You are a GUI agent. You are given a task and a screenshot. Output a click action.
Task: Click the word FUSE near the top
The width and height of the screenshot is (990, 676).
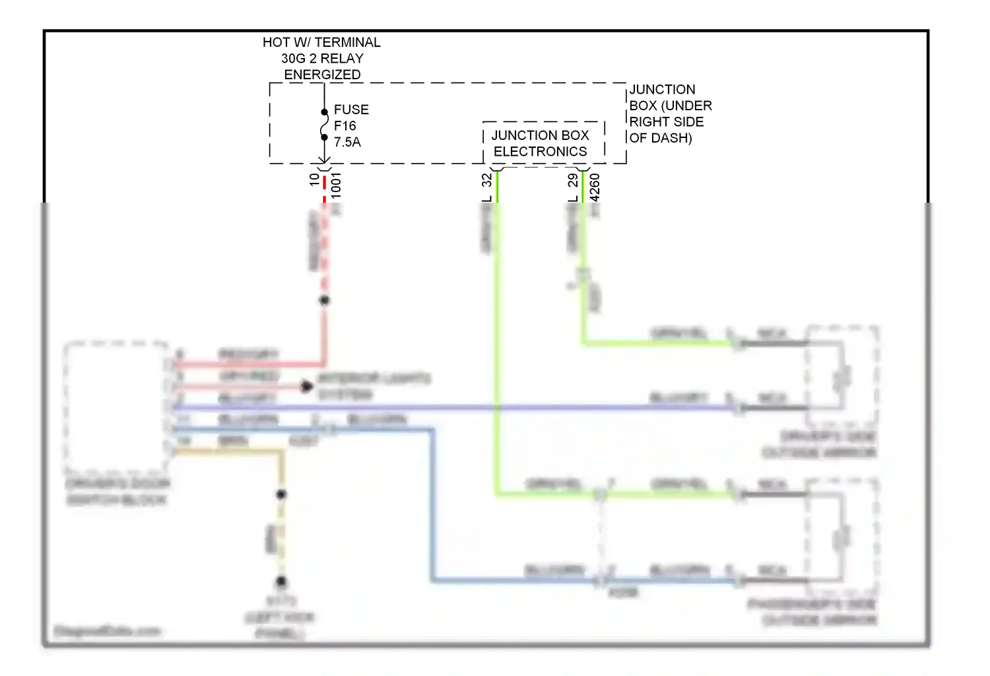click(351, 110)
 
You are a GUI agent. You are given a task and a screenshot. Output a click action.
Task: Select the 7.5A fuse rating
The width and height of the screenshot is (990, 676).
click(347, 142)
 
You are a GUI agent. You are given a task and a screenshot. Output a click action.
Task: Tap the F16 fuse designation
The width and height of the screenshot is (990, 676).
click(345, 125)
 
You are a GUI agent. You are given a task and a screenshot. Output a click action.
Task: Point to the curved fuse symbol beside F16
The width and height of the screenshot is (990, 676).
click(324, 125)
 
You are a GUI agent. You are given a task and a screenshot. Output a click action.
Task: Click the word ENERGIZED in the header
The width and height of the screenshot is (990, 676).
click(322, 75)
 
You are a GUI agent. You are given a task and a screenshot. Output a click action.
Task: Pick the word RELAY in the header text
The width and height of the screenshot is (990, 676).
click(342, 58)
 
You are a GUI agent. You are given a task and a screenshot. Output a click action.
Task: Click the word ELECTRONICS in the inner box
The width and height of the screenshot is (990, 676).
click(540, 152)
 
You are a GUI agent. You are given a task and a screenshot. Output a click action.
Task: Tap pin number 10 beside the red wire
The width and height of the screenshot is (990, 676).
click(315, 180)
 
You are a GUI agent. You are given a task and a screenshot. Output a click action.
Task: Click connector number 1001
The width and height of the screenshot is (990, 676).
click(336, 185)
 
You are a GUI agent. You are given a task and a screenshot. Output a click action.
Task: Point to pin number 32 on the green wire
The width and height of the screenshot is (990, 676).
click(486, 180)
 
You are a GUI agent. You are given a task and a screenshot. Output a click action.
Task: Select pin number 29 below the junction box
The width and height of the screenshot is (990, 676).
click(573, 180)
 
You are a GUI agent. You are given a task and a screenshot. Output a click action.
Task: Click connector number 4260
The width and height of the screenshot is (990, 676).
click(595, 187)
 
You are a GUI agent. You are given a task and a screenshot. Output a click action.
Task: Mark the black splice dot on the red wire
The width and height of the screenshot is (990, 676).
click(324, 300)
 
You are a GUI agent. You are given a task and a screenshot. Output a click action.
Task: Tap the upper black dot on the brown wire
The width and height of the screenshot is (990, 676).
click(281, 494)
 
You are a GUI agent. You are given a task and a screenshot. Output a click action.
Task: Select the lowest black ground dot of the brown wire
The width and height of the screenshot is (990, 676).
click(281, 582)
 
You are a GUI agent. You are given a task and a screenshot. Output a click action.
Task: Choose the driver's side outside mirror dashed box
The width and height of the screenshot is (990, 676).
click(842, 376)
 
